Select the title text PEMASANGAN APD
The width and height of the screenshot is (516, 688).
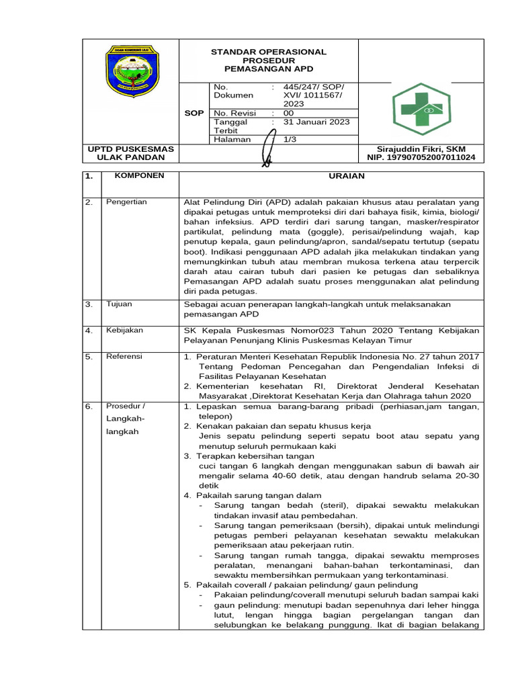point(269,69)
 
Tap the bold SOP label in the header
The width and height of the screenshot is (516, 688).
point(193,114)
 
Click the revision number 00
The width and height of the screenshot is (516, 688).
point(289,114)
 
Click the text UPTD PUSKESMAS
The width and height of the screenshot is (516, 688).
point(130,148)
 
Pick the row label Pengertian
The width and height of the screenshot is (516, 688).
point(126,202)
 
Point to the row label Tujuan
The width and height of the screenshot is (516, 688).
point(120,304)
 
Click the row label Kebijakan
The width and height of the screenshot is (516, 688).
point(124,330)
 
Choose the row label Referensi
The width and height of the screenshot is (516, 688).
point(124,356)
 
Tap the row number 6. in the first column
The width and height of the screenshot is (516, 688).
point(89,406)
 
